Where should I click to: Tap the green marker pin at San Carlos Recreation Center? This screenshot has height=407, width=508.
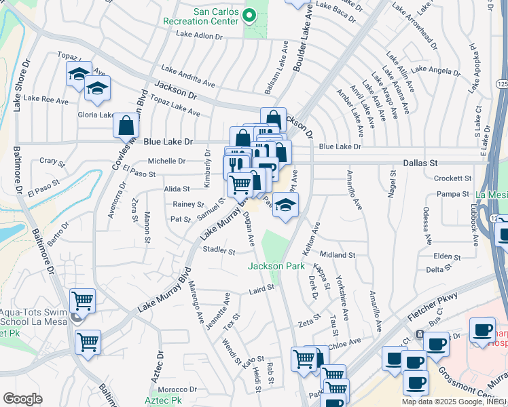(249, 15)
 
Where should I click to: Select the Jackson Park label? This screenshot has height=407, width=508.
(276, 267)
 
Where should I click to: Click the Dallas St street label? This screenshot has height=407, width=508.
(421, 163)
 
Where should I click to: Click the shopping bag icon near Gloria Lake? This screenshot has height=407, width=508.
(126, 125)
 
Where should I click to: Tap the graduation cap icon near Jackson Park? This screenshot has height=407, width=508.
(286, 206)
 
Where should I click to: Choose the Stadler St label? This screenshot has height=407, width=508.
(219, 251)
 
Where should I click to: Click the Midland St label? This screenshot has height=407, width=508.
(338, 255)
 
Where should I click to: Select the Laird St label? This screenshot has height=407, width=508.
(261, 288)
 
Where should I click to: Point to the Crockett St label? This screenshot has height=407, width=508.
(453, 178)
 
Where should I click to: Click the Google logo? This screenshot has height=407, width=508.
(22, 399)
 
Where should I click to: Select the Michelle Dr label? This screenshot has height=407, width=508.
(166, 161)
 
